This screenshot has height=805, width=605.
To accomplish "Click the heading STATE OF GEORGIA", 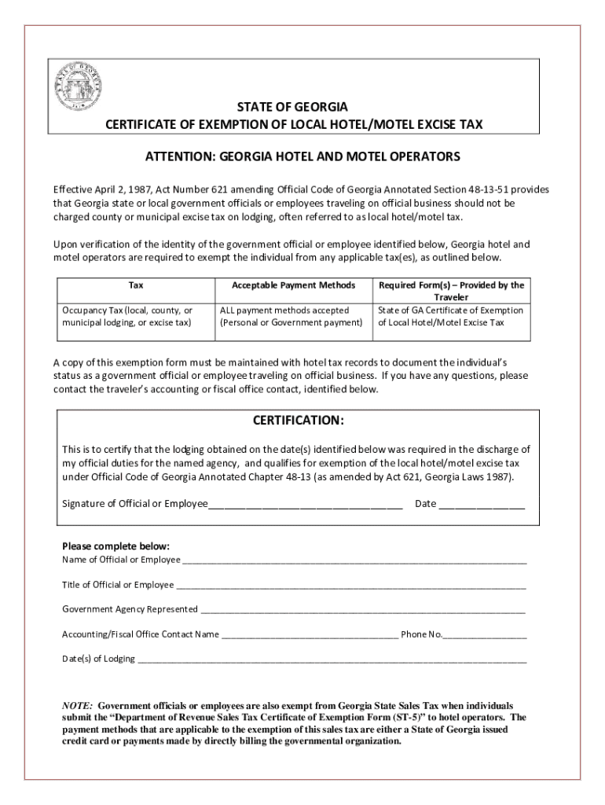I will tap(293, 107).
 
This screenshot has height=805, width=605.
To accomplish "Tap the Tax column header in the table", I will tap(136, 285).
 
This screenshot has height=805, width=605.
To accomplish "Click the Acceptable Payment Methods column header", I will tap(293, 285).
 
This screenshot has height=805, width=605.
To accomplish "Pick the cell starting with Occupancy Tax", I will tap(127, 316).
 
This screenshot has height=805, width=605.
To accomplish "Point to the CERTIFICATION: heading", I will tap(298, 421).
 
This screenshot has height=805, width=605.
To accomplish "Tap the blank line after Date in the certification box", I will tap(482, 505).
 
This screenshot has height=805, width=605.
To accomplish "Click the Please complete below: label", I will tap(115, 546).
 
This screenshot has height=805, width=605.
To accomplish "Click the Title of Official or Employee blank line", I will tap(350, 586).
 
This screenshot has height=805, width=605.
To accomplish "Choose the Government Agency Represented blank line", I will tap(362, 610).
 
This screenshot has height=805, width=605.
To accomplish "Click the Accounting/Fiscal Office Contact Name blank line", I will tap(310, 635).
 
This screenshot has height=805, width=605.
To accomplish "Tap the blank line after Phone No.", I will tap(486, 635).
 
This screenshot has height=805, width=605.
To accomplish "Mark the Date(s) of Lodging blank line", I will tap(332, 660).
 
